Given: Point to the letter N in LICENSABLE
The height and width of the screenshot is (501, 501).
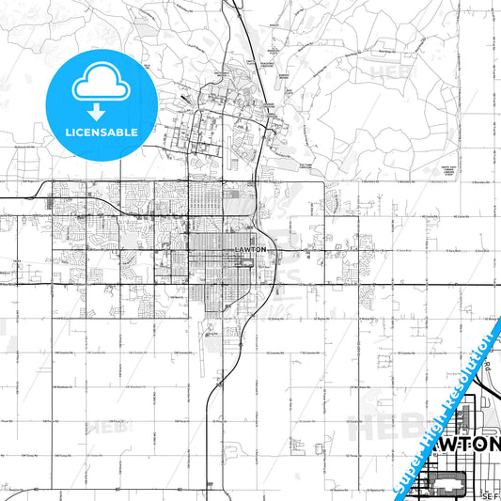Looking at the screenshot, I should (x=94, y=133).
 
